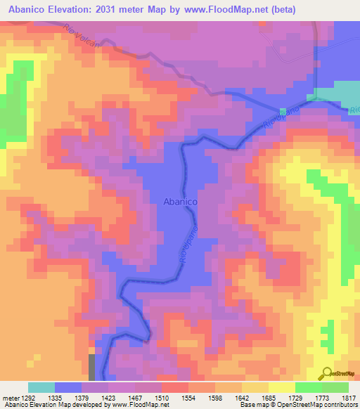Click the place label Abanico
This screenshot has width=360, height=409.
180,201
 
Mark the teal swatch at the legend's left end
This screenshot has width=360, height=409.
41,387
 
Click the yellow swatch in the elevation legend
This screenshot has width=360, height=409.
281,387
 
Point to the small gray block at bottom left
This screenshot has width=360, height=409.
91,366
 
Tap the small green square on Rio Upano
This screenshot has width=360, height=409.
283,112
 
